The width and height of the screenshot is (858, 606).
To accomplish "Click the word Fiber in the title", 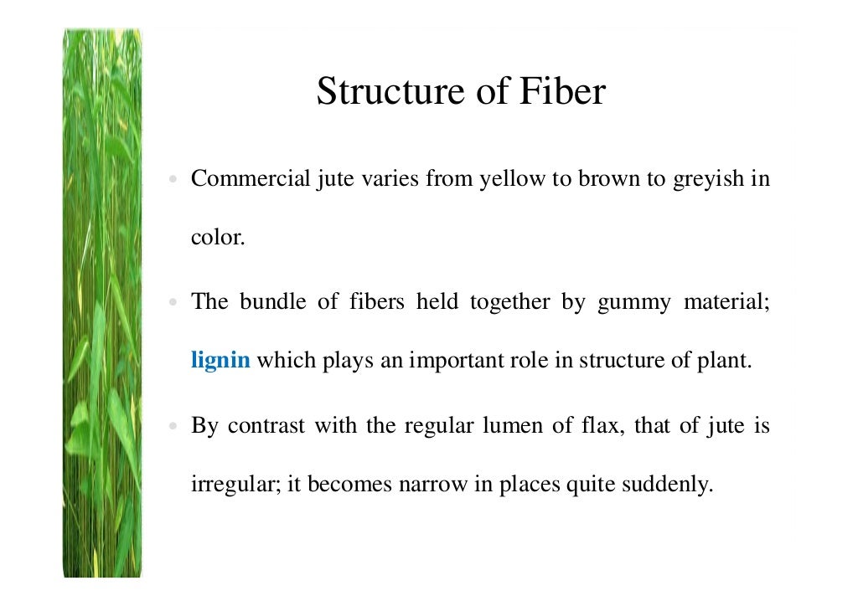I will [x=562, y=91].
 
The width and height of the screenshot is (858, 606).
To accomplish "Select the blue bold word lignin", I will [x=220, y=362].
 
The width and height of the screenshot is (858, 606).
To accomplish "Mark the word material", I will [x=726, y=301].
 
